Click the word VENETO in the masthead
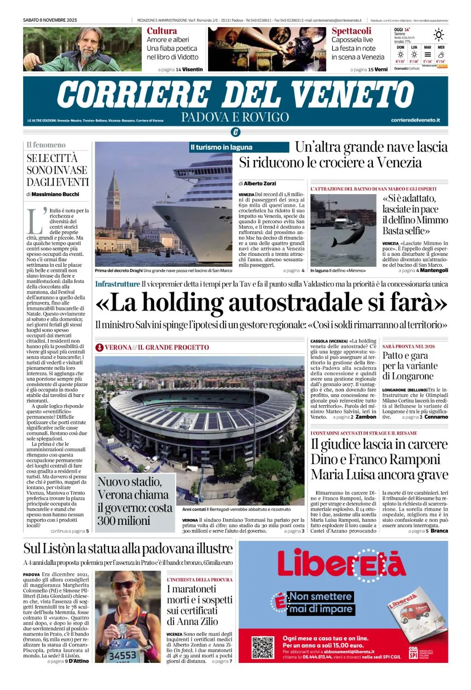point(352,94)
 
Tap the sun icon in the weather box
point(439,35)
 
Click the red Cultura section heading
point(162,31)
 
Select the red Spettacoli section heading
point(351,31)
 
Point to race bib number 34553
point(122,655)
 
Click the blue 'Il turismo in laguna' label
point(221,147)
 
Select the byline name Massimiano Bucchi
point(55,194)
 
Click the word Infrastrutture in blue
point(117,284)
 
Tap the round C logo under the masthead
point(235,132)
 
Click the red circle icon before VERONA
point(99,347)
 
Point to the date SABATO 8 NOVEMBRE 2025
point(50,20)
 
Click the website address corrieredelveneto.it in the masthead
point(415,120)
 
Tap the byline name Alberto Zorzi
point(260,183)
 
